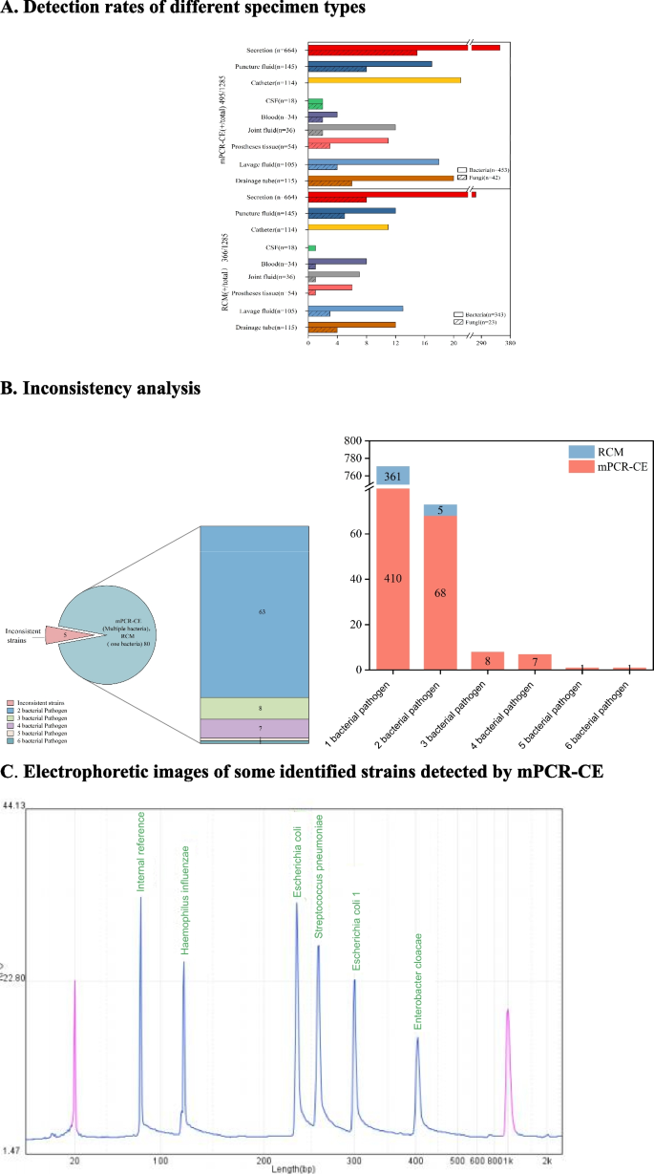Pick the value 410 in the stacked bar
[x=393, y=579]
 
